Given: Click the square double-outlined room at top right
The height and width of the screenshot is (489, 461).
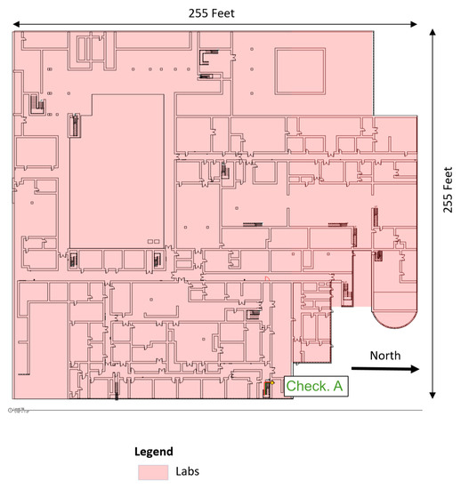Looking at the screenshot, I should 298,70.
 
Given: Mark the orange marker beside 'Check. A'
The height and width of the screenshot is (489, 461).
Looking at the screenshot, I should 267,385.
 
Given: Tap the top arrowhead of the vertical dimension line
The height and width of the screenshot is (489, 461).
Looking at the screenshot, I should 433,34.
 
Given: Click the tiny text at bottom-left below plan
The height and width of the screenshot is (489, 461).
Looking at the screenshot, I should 17,410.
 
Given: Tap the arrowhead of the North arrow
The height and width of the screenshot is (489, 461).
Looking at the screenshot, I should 414,367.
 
